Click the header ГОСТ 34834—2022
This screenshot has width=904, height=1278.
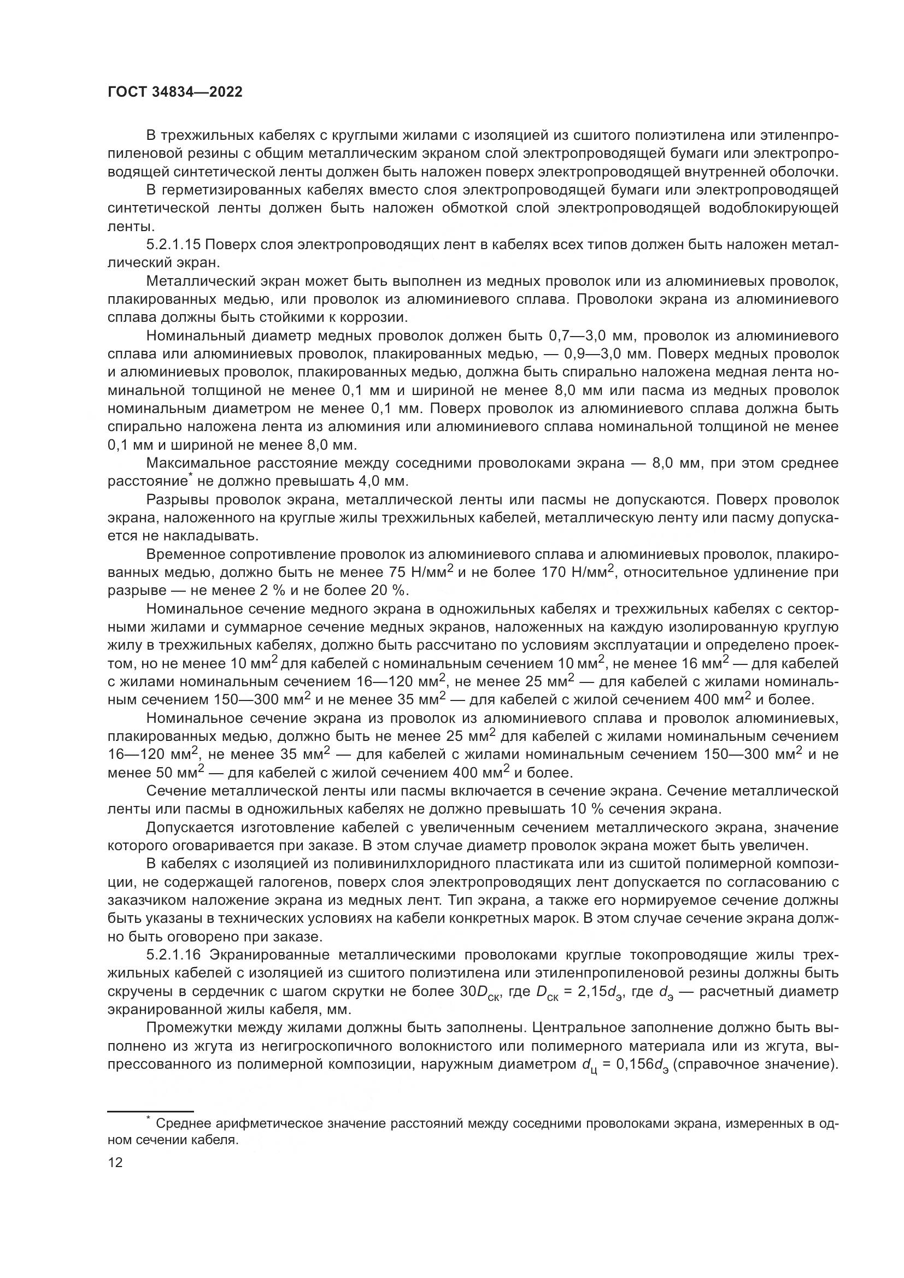175,92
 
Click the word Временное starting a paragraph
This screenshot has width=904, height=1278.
185,555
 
